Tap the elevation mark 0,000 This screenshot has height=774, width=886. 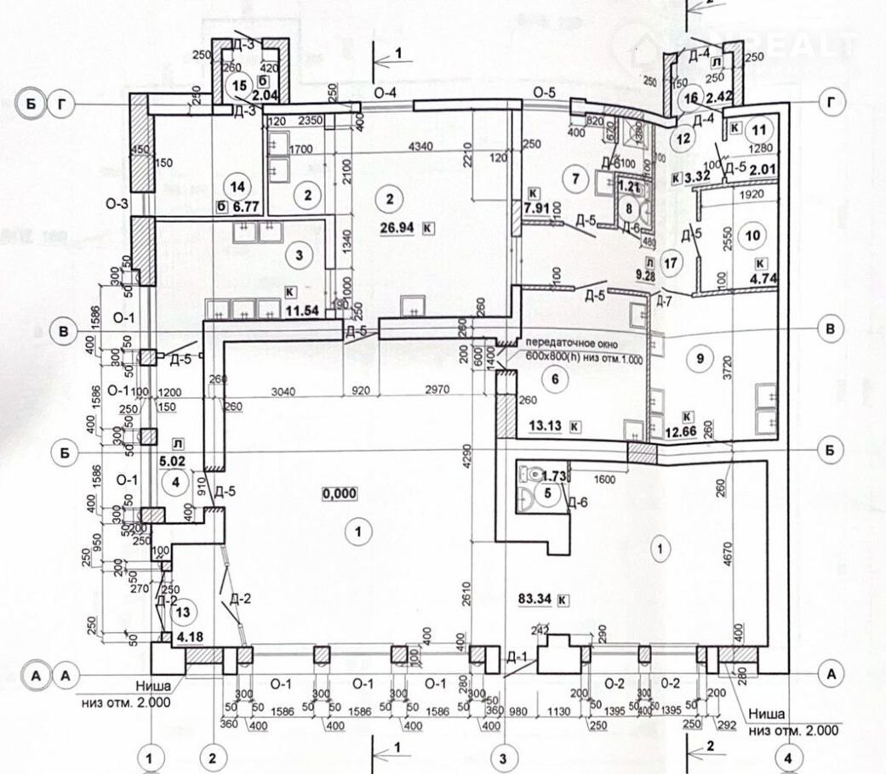(x=340, y=493)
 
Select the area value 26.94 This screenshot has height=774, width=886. (x=401, y=228)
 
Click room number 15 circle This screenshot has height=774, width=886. (x=240, y=85)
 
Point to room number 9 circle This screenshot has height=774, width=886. (x=700, y=359)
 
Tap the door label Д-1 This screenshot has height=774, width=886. (x=517, y=657)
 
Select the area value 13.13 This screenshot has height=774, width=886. (x=543, y=425)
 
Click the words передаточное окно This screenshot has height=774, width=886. (x=569, y=344)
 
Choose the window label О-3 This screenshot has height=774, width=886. (x=117, y=204)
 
